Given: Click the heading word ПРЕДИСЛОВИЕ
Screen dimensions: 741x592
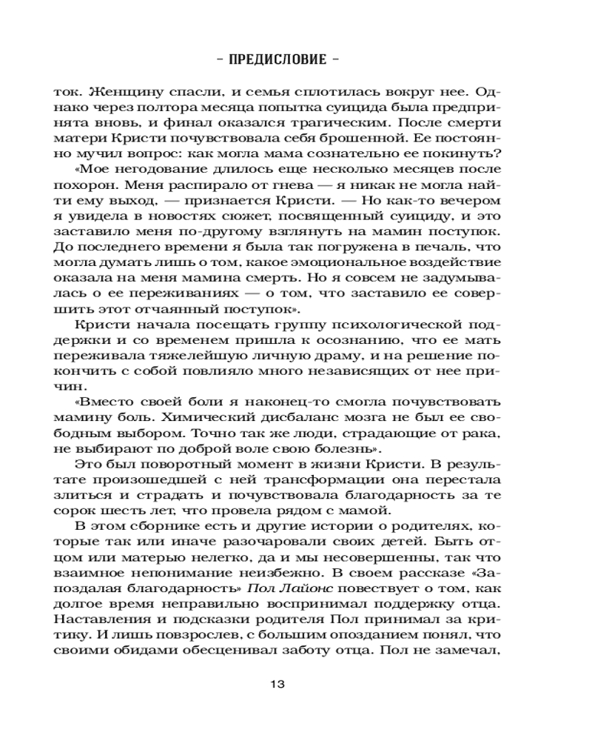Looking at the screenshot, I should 296,59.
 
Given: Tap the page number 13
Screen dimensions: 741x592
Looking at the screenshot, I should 296,684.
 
